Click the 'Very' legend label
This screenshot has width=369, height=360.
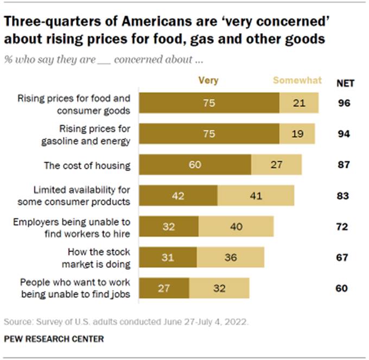click(208, 80)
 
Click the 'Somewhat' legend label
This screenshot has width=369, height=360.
click(297, 80)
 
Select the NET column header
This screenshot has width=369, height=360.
click(343, 83)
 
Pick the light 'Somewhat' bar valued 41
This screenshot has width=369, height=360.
click(256, 195)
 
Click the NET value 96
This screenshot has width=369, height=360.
click(342, 104)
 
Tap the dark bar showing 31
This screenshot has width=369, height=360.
click(168, 257)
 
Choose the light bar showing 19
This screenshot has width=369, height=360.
click(297, 135)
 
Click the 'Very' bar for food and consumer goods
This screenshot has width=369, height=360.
click(209, 104)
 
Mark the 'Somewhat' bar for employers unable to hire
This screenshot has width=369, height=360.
click(236, 226)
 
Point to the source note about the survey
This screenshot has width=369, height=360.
click(126, 322)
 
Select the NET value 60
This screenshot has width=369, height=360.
click(342, 288)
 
